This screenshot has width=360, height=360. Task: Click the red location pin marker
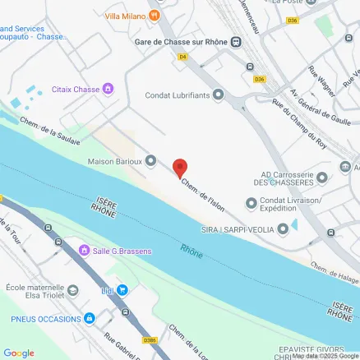click(x=179, y=168)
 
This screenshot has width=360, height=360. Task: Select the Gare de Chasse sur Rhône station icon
click(x=237, y=43)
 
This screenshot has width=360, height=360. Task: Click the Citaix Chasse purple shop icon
click(x=108, y=89)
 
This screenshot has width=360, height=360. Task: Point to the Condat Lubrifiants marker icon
click(x=218, y=94)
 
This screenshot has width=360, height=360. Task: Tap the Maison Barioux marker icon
click(x=150, y=161)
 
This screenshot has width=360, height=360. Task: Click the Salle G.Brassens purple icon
click(x=83, y=249)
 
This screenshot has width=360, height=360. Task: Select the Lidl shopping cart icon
click(x=122, y=289)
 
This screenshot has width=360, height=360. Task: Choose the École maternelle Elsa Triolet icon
click(x=73, y=290)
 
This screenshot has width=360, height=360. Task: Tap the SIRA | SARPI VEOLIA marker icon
click(x=283, y=229)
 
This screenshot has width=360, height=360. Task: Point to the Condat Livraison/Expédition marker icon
click(x=251, y=203)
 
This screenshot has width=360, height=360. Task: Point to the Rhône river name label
click(x=192, y=248)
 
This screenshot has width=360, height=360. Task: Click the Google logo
click(x=18, y=353)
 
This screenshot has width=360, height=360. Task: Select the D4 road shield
click(x=183, y=56)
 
